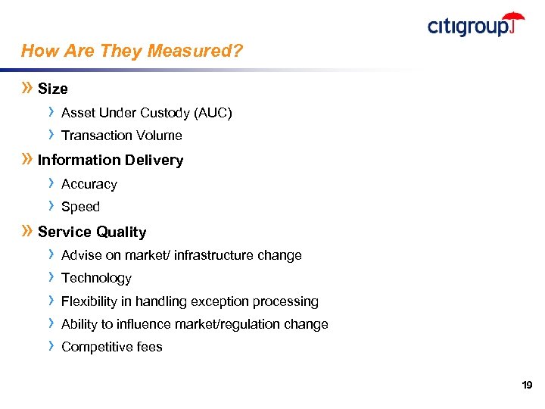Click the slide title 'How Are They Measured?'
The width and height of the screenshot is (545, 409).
132,52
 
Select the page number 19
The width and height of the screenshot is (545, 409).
527,386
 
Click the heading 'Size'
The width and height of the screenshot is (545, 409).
52,89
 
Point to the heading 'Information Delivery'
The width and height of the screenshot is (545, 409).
111,161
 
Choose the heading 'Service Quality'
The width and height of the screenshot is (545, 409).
92,233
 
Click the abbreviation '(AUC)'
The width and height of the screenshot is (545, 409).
213,114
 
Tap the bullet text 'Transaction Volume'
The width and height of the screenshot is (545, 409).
121,136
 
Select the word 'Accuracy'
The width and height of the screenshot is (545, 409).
89,185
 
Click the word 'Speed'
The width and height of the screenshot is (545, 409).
80,208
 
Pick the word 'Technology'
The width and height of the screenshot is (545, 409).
96,279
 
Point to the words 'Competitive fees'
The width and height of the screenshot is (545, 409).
111,348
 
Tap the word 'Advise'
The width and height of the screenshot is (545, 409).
80,256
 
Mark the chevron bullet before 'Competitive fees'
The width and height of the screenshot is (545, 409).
51,346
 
